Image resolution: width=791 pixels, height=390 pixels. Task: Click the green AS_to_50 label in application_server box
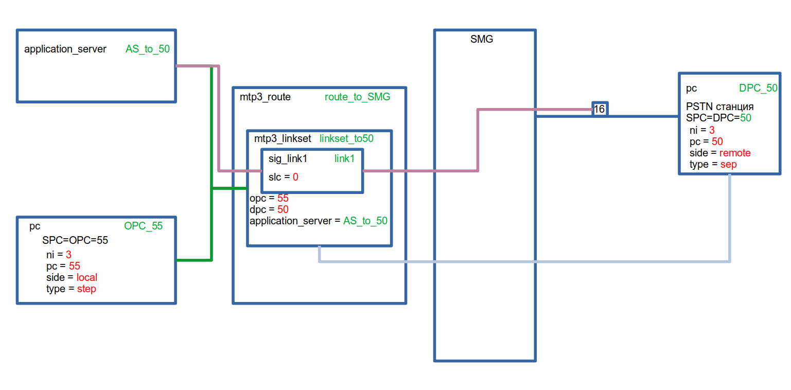click(x=148, y=49)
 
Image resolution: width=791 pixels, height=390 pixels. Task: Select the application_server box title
click(x=65, y=49)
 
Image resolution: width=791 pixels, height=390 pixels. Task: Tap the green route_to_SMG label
click(x=357, y=97)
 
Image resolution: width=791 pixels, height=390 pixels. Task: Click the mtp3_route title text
click(x=265, y=97)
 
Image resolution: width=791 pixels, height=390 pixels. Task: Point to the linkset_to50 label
click(x=346, y=138)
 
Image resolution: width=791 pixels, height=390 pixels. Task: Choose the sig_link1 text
click(x=288, y=159)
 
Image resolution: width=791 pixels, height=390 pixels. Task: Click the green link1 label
click(x=344, y=159)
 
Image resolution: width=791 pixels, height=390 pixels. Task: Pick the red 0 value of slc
click(x=296, y=177)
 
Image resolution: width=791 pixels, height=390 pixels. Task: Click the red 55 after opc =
click(x=283, y=198)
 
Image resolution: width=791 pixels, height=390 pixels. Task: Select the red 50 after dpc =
click(x=283, y=209)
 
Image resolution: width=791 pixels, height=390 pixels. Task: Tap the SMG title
click(x=482, y=39)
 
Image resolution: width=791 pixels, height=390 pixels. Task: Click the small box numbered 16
click(x=600, y=109)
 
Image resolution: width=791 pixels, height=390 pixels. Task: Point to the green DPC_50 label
click(x=758, y=88)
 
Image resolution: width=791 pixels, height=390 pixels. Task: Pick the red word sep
click(x=728, y=164)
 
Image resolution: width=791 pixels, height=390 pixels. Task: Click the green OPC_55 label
click(x=143, y=226)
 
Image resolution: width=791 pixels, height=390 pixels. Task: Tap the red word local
click(x=87, y=277)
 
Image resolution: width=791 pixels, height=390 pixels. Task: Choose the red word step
click(x=86, y=289)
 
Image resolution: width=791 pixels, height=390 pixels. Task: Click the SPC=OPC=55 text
click(x=75, y=240)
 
